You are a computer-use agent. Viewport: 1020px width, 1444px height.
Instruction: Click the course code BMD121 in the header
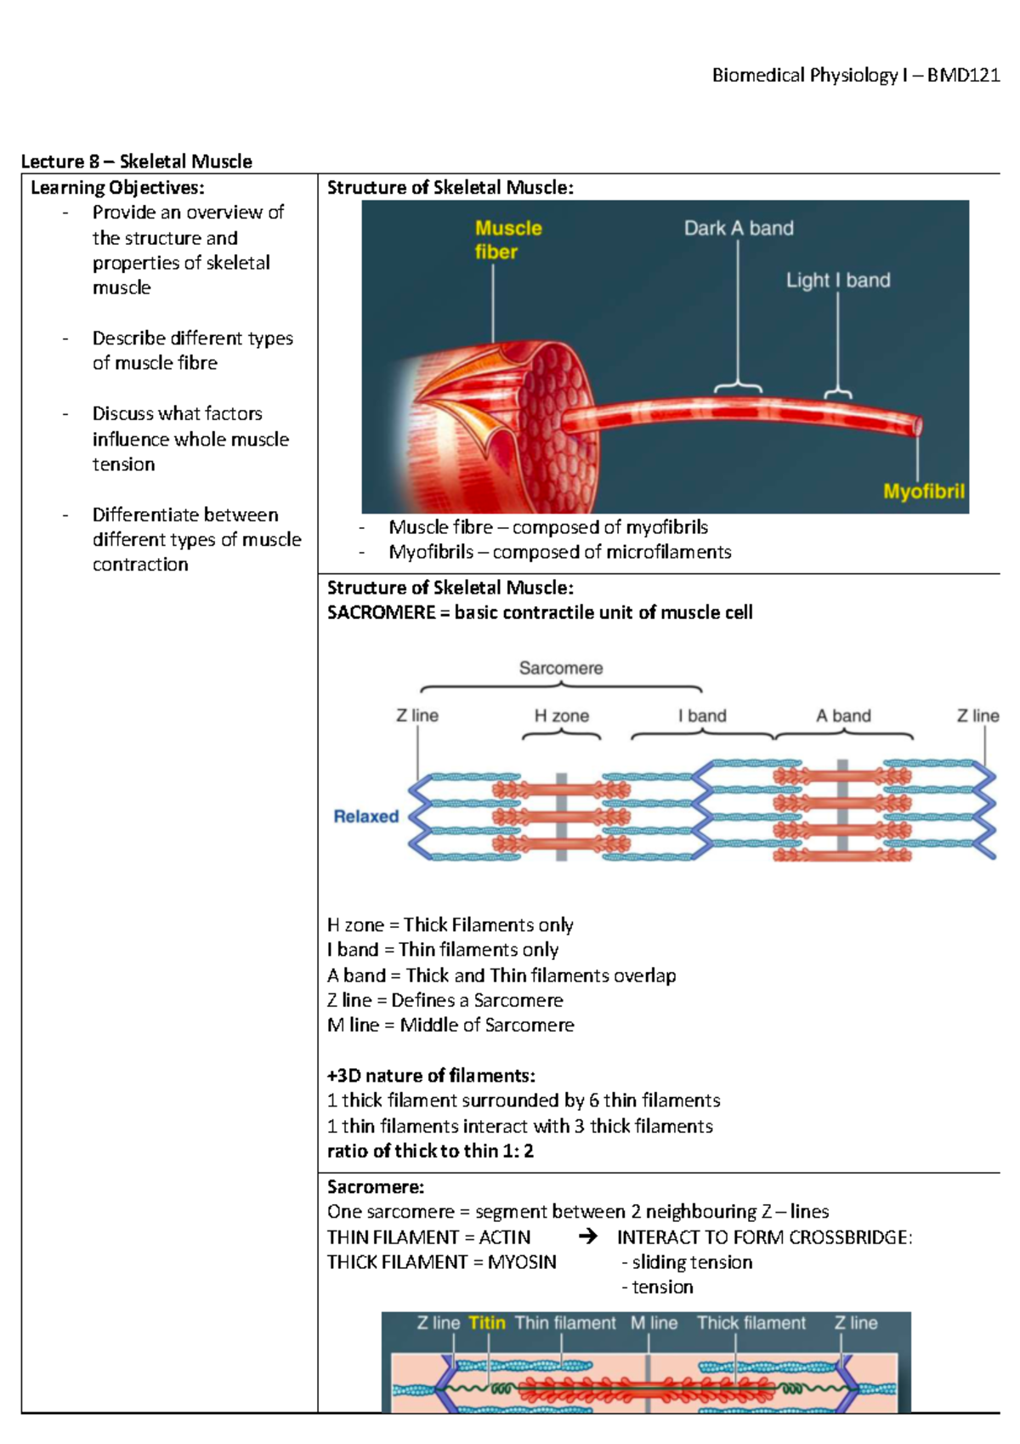(963, 76)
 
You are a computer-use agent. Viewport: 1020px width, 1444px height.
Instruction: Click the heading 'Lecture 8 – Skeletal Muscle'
(136, 162)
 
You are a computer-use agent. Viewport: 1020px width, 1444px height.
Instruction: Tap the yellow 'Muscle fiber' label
(507, 240)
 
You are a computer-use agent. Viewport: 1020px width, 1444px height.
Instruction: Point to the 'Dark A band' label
(739, 228)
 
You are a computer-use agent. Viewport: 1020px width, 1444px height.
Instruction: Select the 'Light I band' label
(837, 280)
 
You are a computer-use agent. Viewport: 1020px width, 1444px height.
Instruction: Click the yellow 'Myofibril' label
(923, 492)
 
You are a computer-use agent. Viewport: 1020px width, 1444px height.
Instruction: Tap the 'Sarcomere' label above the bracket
(561, 668)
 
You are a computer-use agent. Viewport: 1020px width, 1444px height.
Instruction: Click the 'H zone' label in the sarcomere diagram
(561, 716)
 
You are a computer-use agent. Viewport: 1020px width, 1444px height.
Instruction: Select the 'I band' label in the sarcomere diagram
(702, 716)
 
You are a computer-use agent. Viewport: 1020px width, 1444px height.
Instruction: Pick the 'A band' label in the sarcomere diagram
(843, 716)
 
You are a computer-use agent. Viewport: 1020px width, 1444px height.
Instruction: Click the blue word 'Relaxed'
(365, 816)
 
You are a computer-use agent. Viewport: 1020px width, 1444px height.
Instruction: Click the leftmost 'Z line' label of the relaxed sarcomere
(417, 716)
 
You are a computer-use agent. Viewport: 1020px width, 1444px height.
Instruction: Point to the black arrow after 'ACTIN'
(587, 1236)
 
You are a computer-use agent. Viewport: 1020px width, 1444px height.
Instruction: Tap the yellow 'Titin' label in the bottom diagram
(486, 1323)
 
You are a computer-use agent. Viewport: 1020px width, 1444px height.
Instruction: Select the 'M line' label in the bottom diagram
(654, 1323)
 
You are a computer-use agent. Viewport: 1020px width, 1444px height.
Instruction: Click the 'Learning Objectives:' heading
(117, 187)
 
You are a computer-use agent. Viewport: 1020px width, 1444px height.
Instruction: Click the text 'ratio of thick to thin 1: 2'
(430, 1151)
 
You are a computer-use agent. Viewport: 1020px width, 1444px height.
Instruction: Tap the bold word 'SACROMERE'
(381, 612)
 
